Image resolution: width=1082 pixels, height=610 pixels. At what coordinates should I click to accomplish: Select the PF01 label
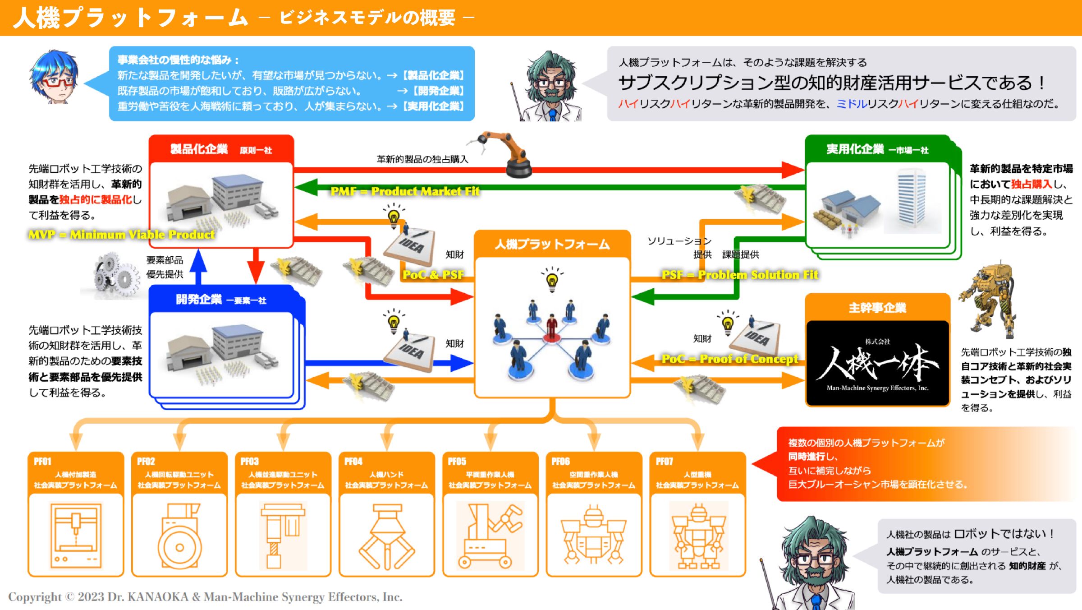43,462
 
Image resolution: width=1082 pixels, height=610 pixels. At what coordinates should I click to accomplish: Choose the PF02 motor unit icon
179,537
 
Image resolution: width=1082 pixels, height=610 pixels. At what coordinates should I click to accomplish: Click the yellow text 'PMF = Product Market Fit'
405,191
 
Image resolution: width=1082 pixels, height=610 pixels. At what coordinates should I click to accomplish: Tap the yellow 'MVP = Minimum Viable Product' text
121,235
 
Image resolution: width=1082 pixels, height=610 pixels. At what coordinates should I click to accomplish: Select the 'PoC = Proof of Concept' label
729,359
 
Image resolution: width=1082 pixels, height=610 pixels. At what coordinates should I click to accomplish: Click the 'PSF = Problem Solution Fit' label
739,275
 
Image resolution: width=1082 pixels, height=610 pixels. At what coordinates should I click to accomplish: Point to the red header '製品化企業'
199,149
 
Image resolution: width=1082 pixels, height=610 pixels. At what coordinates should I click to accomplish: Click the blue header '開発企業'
199,300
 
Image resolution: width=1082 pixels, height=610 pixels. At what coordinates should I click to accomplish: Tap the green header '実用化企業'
855,149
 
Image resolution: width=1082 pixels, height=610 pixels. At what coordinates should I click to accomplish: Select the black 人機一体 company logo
877,363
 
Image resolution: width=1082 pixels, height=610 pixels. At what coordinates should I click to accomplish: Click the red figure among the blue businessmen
551,327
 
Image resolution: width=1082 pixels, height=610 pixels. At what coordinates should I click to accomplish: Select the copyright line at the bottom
205,597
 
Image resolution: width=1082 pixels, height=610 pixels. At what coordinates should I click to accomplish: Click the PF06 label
560,462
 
